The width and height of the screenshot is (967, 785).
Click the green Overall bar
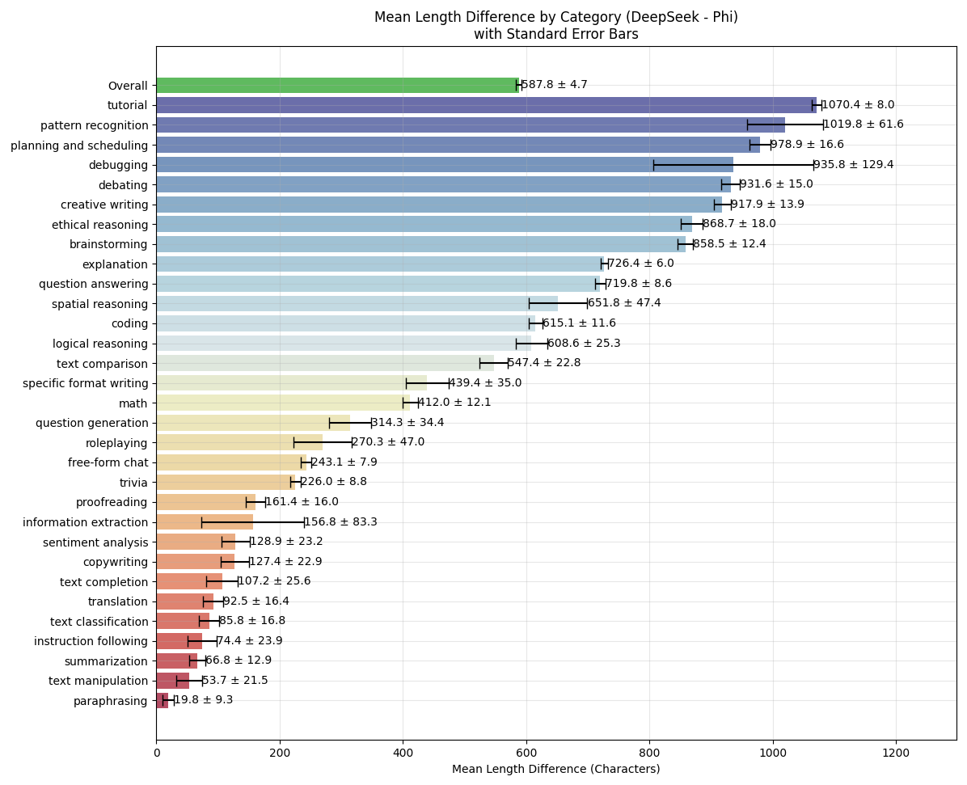tap(337, 86)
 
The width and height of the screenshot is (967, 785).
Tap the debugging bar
tap(445, 165)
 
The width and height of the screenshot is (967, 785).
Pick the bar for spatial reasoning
tap(357, 304)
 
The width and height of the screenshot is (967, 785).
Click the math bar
tap(283, 403)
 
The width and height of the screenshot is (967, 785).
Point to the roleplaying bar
tap(239, 442)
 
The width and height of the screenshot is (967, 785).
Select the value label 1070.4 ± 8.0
tap(858, 105)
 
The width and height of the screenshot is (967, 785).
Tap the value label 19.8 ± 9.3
tap(204, 700)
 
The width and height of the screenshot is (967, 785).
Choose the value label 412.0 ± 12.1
tap(454, 403)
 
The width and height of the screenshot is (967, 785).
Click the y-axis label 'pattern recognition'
tap(95, 125)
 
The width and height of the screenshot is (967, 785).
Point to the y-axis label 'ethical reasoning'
tap(99, 225)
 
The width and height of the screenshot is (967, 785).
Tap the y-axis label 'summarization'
tap(109, 661)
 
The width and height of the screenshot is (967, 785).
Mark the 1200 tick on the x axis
tap(896, 753)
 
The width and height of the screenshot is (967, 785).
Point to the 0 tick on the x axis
tap(156, 753)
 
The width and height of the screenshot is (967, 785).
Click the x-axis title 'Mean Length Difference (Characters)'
tap(555, 770)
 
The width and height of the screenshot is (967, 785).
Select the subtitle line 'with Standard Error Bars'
tap(555, 34)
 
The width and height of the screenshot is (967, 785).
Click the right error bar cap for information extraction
tap(304, 522)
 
